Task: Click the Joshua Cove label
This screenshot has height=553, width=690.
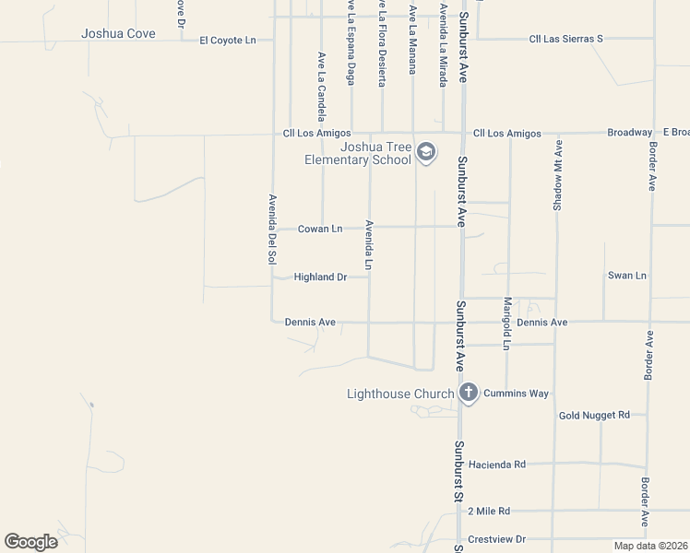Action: coord(118,34)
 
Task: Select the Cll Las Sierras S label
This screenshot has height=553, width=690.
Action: coord(565,39)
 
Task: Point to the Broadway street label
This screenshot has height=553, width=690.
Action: coord(630,133)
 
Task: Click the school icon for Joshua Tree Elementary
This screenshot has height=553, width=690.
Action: coord(425,152)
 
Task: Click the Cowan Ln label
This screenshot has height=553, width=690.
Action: coord(320,229)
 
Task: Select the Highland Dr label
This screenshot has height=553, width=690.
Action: coord(320,276)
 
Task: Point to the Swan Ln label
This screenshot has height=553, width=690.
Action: coord(627,276)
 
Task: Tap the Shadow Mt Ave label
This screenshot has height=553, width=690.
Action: coord(557,177)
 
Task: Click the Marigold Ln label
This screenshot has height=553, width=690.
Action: coord(506,324)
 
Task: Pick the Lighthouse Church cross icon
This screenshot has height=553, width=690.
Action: coord(468,394)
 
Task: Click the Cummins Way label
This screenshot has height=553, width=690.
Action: coord(516,394)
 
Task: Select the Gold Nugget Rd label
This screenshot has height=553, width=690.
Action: coord(594,416)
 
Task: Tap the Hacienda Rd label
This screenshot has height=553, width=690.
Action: coord(496,465)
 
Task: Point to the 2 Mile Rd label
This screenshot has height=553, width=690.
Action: coord(489,511)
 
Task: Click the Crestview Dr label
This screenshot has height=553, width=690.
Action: coord(496,539)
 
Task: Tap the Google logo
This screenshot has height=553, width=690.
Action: coord(31,541)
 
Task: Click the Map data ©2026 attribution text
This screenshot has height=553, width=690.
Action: coord(650,546)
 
